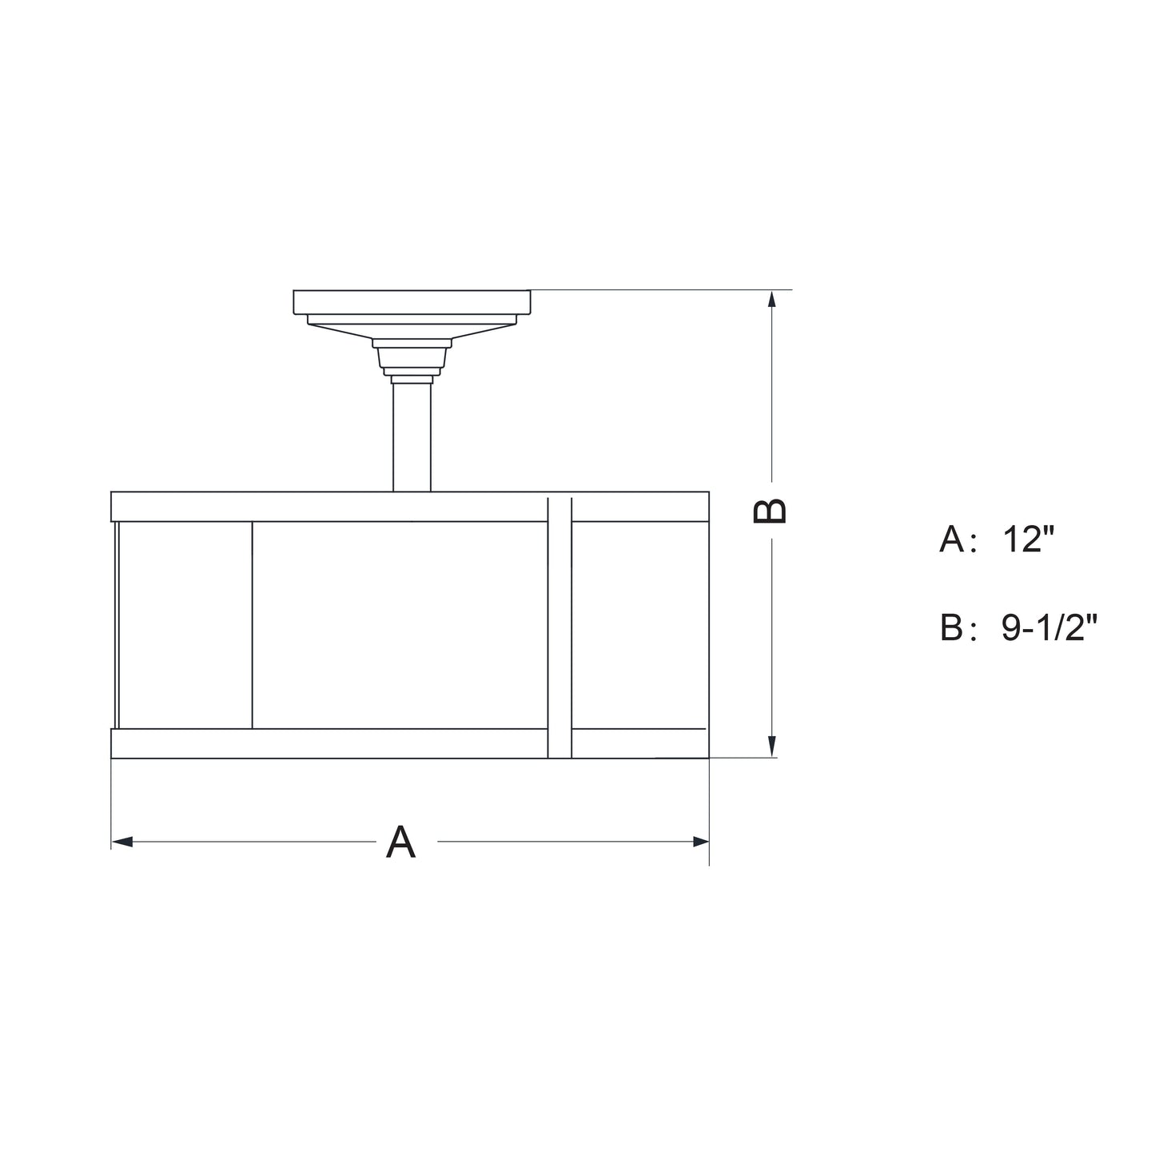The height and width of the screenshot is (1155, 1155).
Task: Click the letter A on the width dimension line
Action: (x=400, y=842)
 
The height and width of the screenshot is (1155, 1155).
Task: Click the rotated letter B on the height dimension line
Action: (x=771, y=511)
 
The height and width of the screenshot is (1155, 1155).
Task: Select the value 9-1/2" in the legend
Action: (x=1049, y=628)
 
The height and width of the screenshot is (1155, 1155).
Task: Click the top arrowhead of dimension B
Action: (x=771, y=299)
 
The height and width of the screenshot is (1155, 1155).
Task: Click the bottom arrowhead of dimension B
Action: (x=771, y=747)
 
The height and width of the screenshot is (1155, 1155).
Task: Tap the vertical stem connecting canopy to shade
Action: (x=412, y=437)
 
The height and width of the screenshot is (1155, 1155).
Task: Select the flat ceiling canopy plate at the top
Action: (x=412, y=302)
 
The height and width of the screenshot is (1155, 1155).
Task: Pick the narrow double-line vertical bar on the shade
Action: (x=560, y=627)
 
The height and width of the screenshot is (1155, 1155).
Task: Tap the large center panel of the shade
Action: (x=400, y=625)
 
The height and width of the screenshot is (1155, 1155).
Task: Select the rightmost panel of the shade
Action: (x=639, y=625)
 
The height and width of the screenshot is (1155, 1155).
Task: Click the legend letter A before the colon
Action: (x=952, y=540)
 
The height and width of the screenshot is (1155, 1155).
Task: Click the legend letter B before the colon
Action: (x=952, y=628)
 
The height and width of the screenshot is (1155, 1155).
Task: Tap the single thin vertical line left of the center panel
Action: (x=252, y=625)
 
